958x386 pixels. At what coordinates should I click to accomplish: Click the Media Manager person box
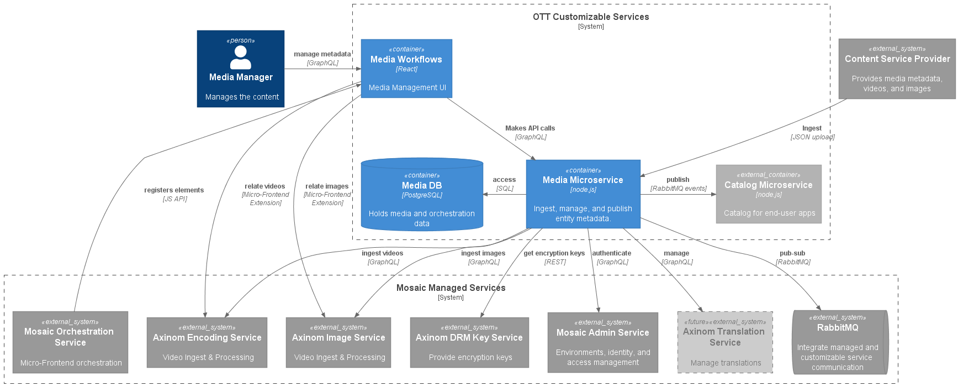click(241, 69)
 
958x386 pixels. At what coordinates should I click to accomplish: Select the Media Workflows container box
click(406, 69)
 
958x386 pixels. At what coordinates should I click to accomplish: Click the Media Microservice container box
click(583, 194)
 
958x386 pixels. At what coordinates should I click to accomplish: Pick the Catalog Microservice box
click(769, 194)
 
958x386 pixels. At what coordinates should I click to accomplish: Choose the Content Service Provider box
click(897, 69)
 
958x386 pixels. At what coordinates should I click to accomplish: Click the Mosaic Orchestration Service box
click(70, 342)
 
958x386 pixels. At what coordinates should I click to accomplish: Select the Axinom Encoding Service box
click(207, 342)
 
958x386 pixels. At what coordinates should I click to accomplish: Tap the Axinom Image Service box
click(338, 342)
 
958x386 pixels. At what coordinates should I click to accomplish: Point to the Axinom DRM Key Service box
click(469, 342)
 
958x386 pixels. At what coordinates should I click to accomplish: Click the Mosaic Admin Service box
click(602, 342)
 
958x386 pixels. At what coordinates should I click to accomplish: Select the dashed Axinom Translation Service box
click(725, 342)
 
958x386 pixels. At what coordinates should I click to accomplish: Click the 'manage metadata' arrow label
click(322, 54)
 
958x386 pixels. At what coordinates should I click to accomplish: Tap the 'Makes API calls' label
click(530, 128)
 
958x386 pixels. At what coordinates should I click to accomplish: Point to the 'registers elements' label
click(174, 190)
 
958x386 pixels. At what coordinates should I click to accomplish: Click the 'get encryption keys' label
click(554, 253)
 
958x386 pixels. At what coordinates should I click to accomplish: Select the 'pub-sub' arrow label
click(792, 253)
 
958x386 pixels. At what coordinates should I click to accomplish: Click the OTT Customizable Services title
click(591, 17)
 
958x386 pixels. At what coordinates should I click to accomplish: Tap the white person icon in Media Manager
click(241, 58)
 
